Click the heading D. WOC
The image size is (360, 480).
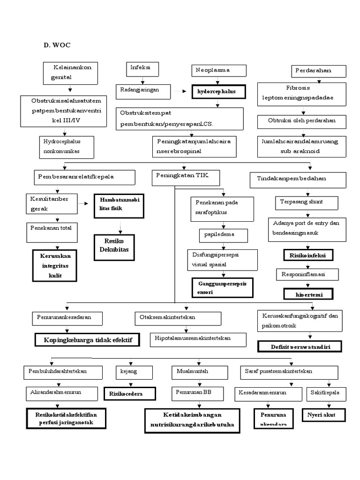point(57,45)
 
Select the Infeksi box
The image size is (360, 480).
point(143,69)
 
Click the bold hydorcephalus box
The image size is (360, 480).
point(218,91)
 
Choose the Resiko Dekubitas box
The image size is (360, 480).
point(113,247)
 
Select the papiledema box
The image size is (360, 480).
point(223,234)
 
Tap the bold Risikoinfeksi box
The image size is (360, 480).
point(308,255)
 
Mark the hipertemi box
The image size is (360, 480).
point(308,294)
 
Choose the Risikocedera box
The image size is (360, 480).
point(129,393)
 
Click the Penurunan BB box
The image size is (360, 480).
point(195,392)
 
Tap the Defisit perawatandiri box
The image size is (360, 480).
point(300,346)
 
